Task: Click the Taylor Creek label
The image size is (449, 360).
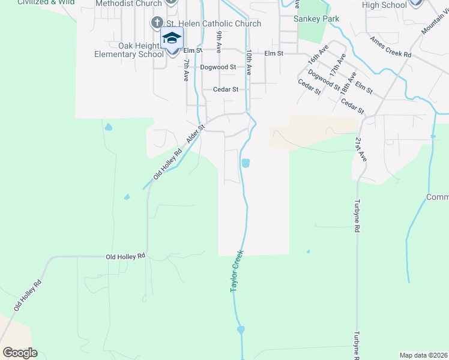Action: pyautogui.click(x=237, y=271)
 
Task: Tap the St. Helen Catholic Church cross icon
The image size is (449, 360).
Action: pyautogui.click(x=157, y=23)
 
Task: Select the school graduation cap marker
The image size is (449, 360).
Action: pyautogui.click(x=172, y=38)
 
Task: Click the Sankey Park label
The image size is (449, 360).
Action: pyautogui.click(x=316, y=19)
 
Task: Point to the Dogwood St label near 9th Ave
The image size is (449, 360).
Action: pyautogui.click(x=218, y=67)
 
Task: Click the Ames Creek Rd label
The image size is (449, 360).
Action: pyautogui.click(x=390, y=47)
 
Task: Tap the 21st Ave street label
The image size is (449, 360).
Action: pyautogui.click(x=360, y=149)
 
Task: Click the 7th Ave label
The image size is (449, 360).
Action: pyautogui.click(x=187, y=70)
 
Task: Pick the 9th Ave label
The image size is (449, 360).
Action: pyautogui.click(x=219, y=42)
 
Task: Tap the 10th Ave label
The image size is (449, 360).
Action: pyautogui.click(x=248, y=62)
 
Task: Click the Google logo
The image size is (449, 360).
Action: pyautogui.click(x=20, y=353)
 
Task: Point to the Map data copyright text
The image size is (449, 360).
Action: pyautogui.click(x=424, y=355)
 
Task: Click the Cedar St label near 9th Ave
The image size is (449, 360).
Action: pyautogui.click(x=226, y=89)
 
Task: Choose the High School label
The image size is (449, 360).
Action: pyautogui.click(x=385, y=5)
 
